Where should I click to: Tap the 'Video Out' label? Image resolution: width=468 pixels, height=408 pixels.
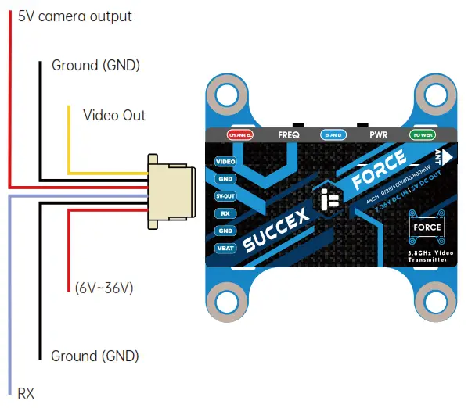pyautogui.click(x=114, y=116)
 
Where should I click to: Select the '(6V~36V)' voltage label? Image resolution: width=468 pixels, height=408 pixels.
pyautogui.click(x=104, y=288)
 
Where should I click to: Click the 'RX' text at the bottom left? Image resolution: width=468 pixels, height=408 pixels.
pyautogui.click(x=26, y=392)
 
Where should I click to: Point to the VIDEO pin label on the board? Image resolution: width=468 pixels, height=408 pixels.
pyautogui.click(x=225, y=161)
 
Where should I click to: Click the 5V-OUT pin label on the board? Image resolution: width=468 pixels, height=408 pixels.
pyautogui.click(x=225, y=196)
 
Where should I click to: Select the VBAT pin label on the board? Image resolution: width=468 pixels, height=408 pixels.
pyautogui.click(x=225, y=248)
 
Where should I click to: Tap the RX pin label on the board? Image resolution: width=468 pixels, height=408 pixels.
pyautogui.click(x=225, y=213)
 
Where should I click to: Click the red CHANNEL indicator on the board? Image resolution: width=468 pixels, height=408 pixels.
pyautogui.click(x=239, y=134)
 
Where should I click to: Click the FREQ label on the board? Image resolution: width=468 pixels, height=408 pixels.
pyautogui.click(x=289, y=134)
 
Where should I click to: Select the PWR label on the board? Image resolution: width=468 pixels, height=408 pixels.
pyautogui.click(x=379, y=134)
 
